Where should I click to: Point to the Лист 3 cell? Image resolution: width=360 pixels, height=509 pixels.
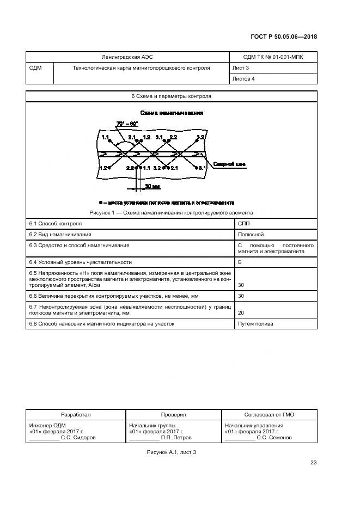[x=241, y=68]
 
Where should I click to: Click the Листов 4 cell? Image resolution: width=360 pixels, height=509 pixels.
[x=243, y=78]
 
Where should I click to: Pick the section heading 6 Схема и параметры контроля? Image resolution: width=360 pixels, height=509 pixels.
[x=171, y=96]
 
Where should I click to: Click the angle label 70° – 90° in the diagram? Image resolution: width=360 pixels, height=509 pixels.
[x=127, y=125]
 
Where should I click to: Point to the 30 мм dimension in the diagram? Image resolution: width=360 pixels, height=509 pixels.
[x=152, y=186]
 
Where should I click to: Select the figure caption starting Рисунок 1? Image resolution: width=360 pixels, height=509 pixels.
[x=171, y=212]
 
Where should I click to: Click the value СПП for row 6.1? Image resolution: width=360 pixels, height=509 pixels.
[x=243, y=224]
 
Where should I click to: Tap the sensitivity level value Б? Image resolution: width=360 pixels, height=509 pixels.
[x=240, y=262]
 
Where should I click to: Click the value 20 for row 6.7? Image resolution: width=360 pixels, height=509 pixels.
[x=241, y=313]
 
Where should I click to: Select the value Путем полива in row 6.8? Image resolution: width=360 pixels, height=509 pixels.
[x=255, y=324]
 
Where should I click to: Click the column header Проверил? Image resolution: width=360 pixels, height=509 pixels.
[x=173, y=414]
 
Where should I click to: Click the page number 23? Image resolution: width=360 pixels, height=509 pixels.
[x=313, y=463]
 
